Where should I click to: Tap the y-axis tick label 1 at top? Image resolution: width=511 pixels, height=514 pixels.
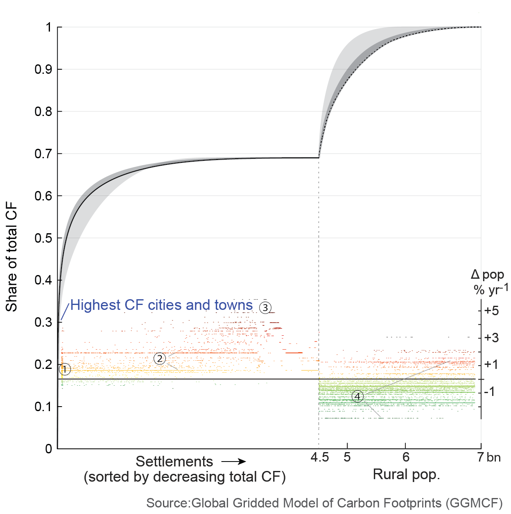(x=49, y=27)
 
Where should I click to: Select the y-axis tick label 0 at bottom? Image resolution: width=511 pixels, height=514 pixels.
(x=49, y=449)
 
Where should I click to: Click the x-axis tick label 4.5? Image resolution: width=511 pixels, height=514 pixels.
(x=319, y=457)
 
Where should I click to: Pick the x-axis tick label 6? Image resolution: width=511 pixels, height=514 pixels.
(x=405, y=457)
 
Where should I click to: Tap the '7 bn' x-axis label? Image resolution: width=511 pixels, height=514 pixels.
(x=489, y=457)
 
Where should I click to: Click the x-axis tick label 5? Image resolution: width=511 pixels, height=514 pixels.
(x=347, y=457)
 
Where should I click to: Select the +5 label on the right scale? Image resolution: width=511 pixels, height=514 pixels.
(x=491, y=311)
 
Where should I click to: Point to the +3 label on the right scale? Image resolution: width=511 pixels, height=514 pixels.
(x=491, y=338)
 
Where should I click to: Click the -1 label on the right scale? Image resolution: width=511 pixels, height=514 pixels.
(x=489, y=392)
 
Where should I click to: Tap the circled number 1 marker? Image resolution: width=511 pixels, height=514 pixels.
(x=65, y=369)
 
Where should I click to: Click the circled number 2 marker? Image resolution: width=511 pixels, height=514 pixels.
(x=160, y=359)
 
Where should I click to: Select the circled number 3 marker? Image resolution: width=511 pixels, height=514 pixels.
(x=265, y=307)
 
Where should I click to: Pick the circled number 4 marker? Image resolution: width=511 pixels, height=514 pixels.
(x=357, y=396)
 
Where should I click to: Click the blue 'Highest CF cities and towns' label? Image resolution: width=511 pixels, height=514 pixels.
(x=161, y=305)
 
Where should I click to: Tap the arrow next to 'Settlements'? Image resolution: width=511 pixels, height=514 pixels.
(x=234, y=462)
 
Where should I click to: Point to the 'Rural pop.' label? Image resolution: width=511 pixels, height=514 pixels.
(x=406, y=475)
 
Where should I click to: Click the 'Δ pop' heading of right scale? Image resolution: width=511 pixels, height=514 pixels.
(x=487, y=275)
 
